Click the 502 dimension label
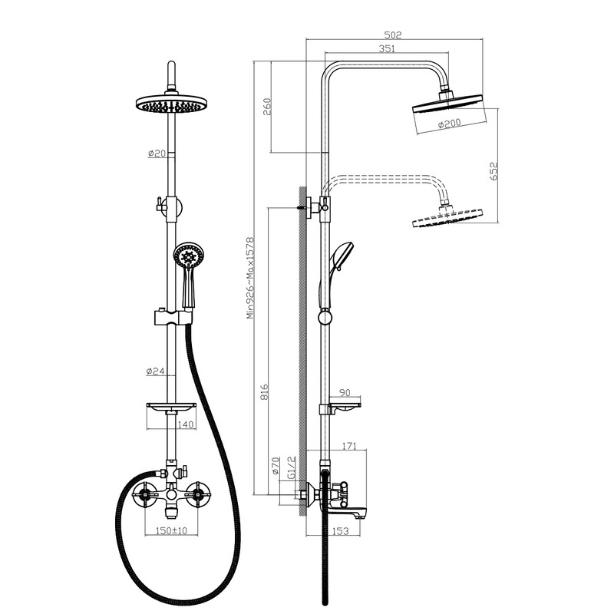(393, 35)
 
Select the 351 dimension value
(387, 48)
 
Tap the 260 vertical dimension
(266, 107)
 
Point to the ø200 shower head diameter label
(450, 124)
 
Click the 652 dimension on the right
(494, 170)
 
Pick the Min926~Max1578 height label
(250, 278)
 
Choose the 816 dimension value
(265, 391)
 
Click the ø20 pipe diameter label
(157, 153)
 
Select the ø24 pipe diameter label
(156, 371)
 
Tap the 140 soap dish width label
(186, 424)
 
